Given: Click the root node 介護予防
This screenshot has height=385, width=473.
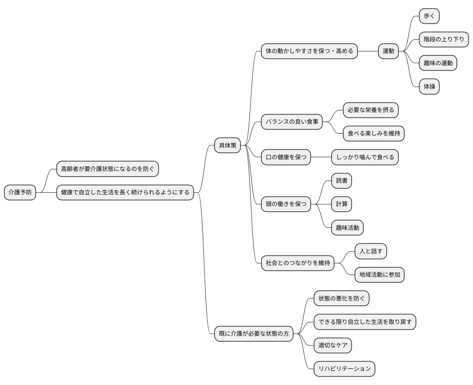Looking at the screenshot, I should click(20, 193).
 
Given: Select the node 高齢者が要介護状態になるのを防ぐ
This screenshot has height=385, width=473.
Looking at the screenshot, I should click(107, 169).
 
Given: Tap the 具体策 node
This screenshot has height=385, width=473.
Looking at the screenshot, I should click(228, 145).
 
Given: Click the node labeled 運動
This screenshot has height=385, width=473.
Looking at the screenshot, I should click(388, 51).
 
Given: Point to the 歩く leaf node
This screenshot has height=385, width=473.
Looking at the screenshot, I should click(429, 16).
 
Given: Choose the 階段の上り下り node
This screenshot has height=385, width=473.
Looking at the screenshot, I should click(443, 40).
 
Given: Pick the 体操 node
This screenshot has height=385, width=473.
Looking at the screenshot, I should click(429, 87).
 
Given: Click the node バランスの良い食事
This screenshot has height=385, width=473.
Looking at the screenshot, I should click(292, 122).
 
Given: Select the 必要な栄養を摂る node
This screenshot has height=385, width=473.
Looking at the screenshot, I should click(371, 110).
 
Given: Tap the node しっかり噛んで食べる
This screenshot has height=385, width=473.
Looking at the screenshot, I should click(365, 158).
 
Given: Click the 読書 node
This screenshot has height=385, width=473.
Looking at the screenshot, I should click(341, 181).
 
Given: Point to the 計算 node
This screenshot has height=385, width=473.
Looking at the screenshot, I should click(341, 204).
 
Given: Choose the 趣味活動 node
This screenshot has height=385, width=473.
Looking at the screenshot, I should click(347, 228).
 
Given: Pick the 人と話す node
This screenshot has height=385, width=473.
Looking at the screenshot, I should click(371, 251).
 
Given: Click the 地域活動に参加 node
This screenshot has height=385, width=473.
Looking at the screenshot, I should click(379, 275).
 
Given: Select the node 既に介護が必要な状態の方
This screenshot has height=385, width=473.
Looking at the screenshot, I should click(254, 334).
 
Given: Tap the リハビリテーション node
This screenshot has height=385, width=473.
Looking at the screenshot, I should click(344, 369).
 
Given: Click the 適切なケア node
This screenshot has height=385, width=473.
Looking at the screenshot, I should click(333, 345).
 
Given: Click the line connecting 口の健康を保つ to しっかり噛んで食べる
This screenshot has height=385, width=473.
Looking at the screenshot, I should click(321, 158).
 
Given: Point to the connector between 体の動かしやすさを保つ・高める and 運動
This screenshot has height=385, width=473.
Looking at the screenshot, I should click(368, 51).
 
